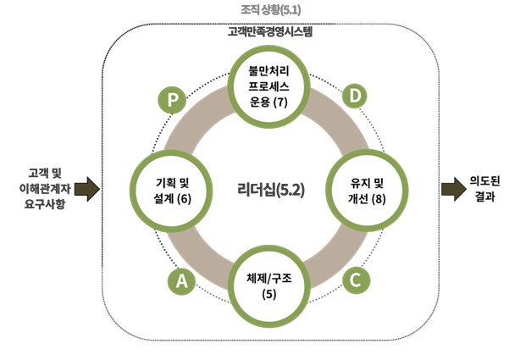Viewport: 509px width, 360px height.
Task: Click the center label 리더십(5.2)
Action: [270, 188]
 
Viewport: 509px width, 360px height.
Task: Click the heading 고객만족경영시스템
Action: [270, 32]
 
